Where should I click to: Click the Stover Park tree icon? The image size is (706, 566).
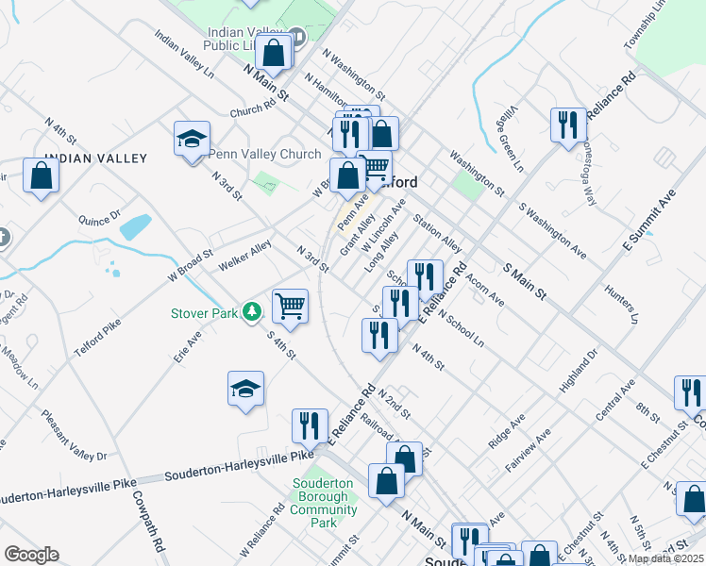[251, 311]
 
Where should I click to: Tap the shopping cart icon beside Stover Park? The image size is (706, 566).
[290, 305]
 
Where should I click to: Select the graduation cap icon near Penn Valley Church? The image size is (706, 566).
[192, 140]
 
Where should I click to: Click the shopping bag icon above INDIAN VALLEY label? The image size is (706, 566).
[42, 175]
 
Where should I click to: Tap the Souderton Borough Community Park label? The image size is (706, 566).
[323, 503]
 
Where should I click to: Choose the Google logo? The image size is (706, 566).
[31, 554]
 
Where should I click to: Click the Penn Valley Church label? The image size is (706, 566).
[264, 154]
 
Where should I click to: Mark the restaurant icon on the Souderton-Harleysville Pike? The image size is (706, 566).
[310, 425]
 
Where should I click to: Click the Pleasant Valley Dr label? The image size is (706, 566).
[73, 435]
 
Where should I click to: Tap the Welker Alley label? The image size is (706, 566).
[244, 256]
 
